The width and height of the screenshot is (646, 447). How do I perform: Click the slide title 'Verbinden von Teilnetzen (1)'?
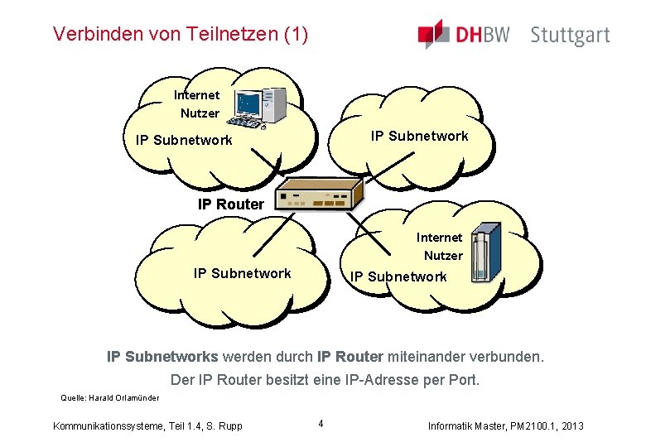coord(180,35)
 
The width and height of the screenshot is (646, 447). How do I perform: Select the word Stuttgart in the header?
coord(570,36)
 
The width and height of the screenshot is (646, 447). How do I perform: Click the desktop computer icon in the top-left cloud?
coord(259,108)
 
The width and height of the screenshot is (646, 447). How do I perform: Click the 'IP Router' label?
coord(231,204)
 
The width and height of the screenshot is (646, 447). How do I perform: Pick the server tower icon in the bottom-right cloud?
coord(486,253)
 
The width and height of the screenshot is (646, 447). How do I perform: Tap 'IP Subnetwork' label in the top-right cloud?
coord(419,136)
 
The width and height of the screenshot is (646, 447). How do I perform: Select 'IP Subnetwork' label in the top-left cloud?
coord(184,140)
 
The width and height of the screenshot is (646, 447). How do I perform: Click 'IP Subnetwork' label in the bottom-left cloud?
coord(242,273)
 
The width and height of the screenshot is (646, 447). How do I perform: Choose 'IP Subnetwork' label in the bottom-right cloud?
coord(398,276)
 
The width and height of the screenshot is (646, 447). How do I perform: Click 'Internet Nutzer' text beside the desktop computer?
coord(198,104)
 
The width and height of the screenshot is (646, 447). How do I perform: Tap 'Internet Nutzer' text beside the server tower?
coord(441,247)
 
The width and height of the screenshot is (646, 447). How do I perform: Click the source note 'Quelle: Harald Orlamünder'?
coord(109,398)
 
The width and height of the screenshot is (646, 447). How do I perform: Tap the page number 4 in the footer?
coord(321,425)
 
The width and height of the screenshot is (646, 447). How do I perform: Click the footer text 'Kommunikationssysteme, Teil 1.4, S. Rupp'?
coord(147,425)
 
